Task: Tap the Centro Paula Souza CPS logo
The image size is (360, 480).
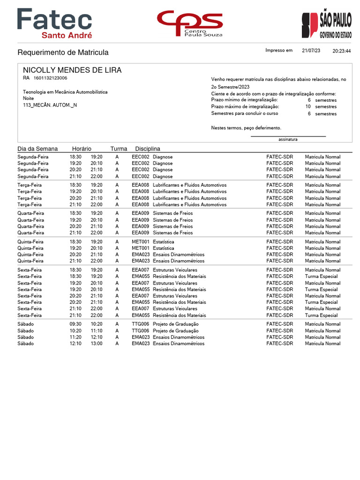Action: point(190,23)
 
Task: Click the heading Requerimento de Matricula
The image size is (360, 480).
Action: point(63,52)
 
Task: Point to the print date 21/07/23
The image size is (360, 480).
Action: point(311,51)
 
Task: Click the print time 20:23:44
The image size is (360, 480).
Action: point(342,51)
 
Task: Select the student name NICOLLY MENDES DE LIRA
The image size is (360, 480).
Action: point(72,70)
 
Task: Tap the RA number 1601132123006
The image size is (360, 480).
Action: point(50,78)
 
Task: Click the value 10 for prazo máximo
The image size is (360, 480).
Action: point(308,106)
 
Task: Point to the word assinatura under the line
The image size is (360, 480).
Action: point(288,139)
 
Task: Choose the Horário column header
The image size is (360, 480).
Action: point(82,149)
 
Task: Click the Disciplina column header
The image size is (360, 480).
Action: point(148,149)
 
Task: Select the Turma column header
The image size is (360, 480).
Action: point(119,149)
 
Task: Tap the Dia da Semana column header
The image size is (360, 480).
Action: point(37,149)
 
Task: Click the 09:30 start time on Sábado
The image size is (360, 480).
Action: point(75,324)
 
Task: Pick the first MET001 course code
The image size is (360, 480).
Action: point(140,242)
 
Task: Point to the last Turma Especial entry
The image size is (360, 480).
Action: point(321,315)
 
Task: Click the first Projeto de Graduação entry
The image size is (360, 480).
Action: point(176,324)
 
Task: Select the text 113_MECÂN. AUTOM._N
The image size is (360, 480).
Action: point(50,105)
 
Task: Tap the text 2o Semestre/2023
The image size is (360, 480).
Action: point(230,87)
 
